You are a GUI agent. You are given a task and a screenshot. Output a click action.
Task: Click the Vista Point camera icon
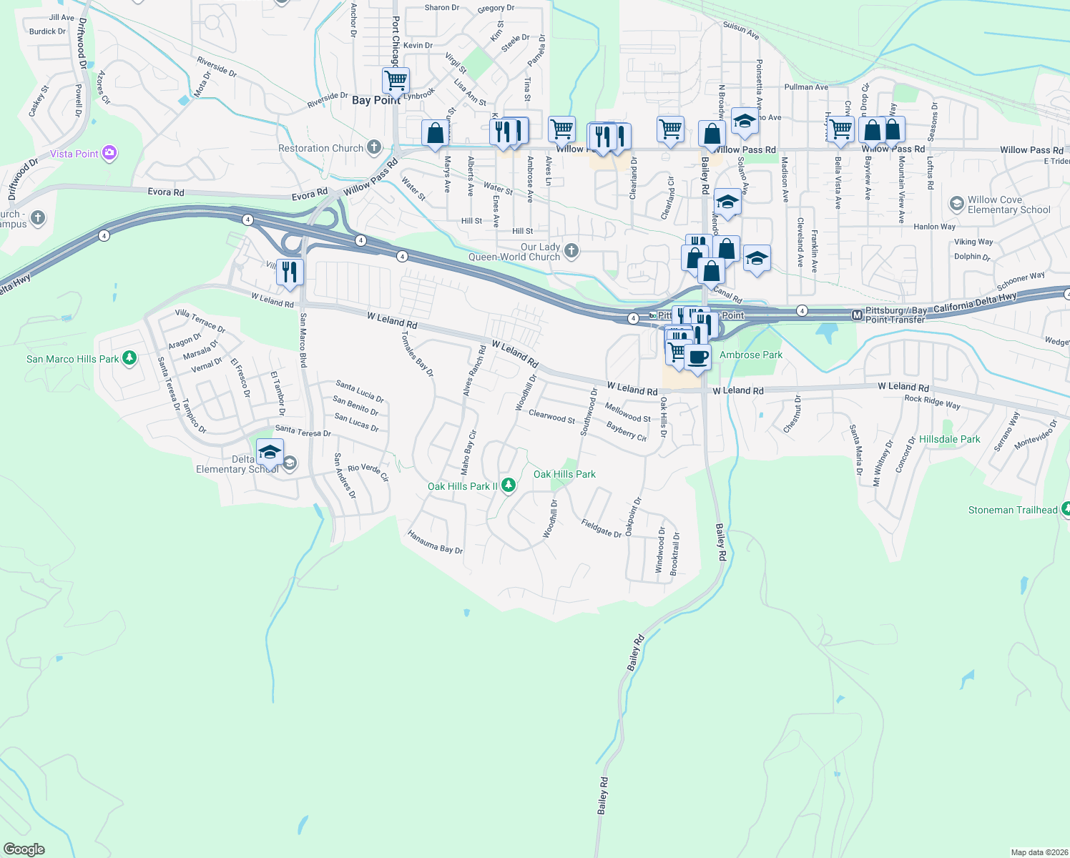[109, 153]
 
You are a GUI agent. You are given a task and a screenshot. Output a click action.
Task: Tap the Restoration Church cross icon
[373, 148]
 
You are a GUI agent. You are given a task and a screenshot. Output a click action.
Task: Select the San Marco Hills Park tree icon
[129, 358]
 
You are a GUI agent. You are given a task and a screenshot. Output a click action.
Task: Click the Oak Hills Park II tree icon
[509, 485]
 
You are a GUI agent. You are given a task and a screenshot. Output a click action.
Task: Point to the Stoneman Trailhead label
[1012, 510]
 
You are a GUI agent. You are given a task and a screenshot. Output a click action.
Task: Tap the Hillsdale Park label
[949, 439]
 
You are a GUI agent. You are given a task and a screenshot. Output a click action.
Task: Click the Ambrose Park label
[751, 355]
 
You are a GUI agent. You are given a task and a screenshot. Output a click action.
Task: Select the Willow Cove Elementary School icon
[956, 204]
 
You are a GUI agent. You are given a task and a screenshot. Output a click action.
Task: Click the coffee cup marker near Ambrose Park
[697, 357]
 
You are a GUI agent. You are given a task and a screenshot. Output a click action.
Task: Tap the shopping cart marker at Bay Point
[396, 80]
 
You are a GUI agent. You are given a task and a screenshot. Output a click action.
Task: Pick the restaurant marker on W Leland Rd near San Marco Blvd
[290, 272]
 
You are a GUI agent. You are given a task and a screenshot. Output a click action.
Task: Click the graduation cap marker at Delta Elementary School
[270, 453]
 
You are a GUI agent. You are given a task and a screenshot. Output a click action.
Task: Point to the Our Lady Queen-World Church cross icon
[571, 250]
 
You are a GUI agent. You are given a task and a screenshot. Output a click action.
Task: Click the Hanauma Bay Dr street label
[435, 542]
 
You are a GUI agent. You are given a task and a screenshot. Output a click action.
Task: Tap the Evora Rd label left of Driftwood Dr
[166, 192]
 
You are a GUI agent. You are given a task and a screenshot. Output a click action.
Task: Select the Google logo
[24, 849]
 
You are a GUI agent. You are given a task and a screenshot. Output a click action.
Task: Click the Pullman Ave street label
[806, 87]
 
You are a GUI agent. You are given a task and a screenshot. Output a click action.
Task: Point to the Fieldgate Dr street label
[602, 528]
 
